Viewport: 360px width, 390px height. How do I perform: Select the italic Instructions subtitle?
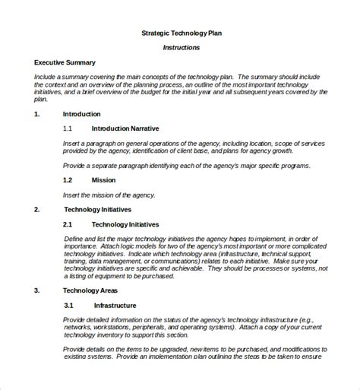point(182,47)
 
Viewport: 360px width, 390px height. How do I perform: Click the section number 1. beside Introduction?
point(37,113)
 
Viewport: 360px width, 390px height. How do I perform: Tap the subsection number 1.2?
point(68,179)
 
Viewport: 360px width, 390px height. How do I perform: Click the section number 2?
point(37,209)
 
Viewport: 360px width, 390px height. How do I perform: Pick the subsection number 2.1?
point(68,224)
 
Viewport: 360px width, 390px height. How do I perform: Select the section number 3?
point(37,290)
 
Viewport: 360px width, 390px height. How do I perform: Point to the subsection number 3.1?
point(68,305)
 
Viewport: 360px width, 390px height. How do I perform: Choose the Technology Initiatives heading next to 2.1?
point(127,224)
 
